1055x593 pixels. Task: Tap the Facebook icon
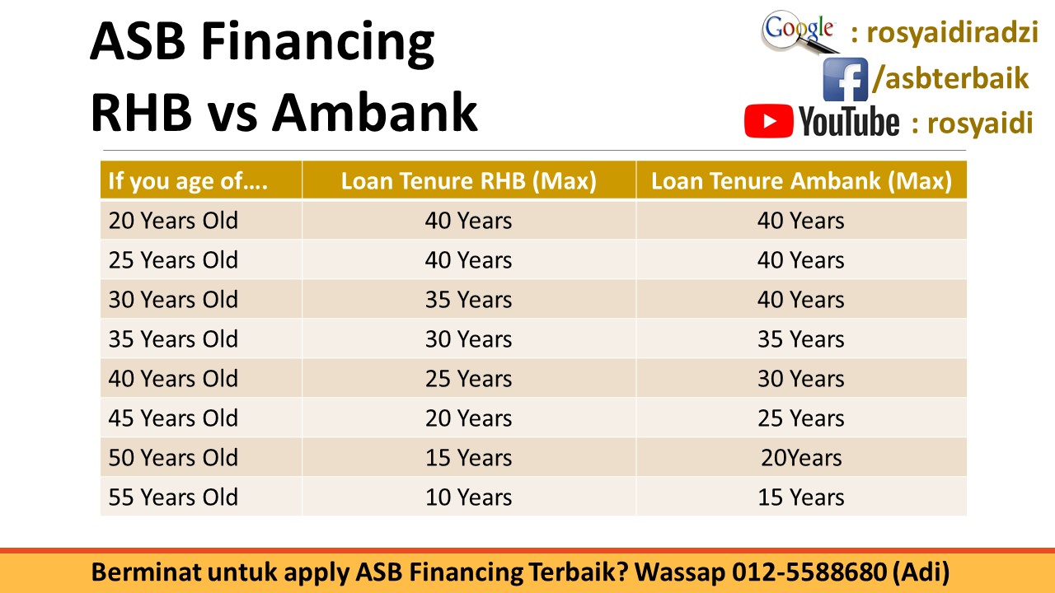tap(845, 80)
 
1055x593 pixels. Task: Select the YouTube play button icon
tap(768, 122)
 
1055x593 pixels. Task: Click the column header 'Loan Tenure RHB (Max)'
tap(468, 181)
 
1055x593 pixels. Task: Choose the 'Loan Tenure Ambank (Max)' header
tap(801, 181)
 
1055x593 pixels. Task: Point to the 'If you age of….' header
tap(188, 181)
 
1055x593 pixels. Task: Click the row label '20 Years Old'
tap(173, 221)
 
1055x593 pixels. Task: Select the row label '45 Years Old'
tap(173, 418)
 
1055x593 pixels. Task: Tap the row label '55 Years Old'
tap(173, 497)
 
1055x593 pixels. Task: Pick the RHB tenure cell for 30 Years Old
tap(468, 300)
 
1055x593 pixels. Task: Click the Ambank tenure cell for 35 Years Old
tap(801, 339)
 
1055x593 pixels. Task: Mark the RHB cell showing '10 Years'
tap(468, 497)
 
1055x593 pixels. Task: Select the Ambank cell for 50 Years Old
tap(801, 458)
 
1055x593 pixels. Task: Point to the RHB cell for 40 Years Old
tap(468, 379)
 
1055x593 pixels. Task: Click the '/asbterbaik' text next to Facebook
tap(950, 78)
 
